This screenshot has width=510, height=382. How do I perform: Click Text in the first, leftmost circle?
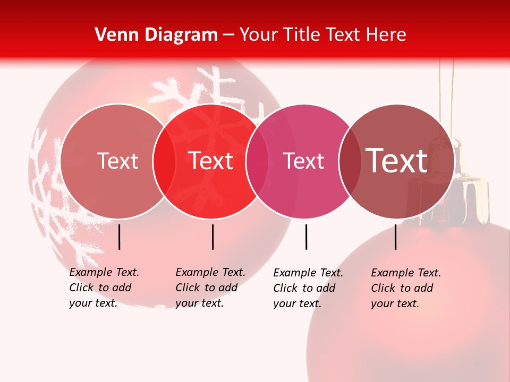coord(117,161)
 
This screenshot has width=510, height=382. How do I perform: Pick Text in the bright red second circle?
coord(211,161)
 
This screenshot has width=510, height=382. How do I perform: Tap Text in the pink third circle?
coord(303,161)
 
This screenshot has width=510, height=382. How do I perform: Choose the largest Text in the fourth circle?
coord(397,160)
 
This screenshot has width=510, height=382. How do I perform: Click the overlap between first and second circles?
coord(164,161)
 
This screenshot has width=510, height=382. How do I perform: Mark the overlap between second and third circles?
coord(257,161)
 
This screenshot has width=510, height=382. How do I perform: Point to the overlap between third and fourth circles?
coord(350,161)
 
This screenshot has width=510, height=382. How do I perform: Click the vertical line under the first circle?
coord(120,237)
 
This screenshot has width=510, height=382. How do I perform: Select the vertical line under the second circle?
coord(212,237)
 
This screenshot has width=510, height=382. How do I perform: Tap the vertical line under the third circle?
coord(306,237)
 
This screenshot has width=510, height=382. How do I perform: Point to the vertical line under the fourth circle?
coord(395,237)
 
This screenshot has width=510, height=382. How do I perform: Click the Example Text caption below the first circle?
coord(104,288)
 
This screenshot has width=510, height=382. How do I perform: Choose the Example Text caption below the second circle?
coord(210,288)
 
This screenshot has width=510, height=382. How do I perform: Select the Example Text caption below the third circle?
coord(308,288)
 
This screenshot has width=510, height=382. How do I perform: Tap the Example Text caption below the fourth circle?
coord(406,288)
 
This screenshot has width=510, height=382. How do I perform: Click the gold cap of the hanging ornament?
coord(467,196)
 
